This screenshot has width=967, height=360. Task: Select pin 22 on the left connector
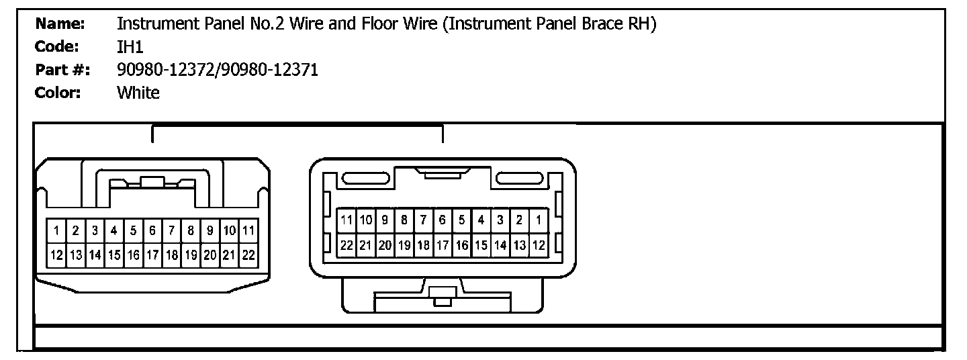point(248,255)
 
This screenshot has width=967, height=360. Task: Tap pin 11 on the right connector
point(347,220)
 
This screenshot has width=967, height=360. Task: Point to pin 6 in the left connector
point(152,231)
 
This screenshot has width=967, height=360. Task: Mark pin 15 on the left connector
point(114,255)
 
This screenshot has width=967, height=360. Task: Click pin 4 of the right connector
point(481,220)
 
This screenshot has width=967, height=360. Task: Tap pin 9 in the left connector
point(210,231)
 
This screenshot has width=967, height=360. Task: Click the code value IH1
point(130,47)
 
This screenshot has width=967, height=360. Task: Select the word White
point(138,93)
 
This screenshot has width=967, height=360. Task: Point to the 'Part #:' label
point(62,70)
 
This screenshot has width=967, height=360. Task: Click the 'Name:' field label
point(60,24)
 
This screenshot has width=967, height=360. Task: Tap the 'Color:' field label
point(58,93)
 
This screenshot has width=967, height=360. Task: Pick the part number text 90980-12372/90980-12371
point(218,70)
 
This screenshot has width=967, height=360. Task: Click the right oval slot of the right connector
point(520,179)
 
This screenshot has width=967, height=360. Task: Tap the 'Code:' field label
point(58,47)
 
